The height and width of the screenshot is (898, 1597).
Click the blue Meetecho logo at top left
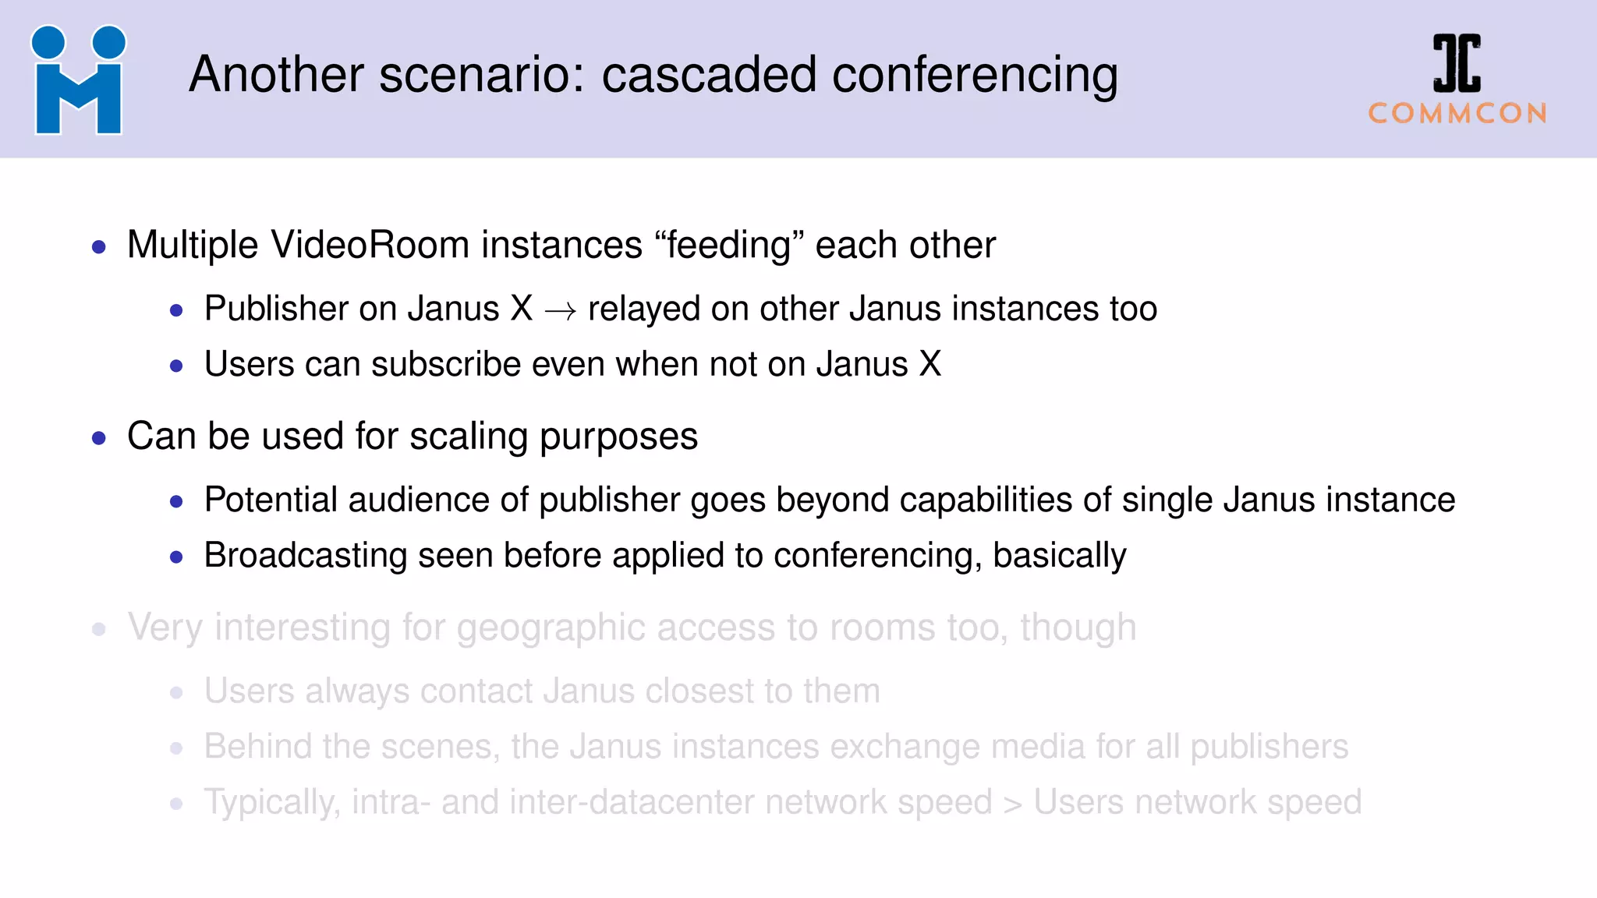78,80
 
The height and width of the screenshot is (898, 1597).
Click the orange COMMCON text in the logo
1457,114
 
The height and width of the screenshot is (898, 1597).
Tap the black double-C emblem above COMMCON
1457,63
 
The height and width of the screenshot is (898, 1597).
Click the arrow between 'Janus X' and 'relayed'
560,311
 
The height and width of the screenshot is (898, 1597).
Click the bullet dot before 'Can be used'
99,438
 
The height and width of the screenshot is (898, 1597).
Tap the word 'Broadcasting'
305,556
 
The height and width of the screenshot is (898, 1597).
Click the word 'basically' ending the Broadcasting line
1059,556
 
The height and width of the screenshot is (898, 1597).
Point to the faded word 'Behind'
257,746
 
